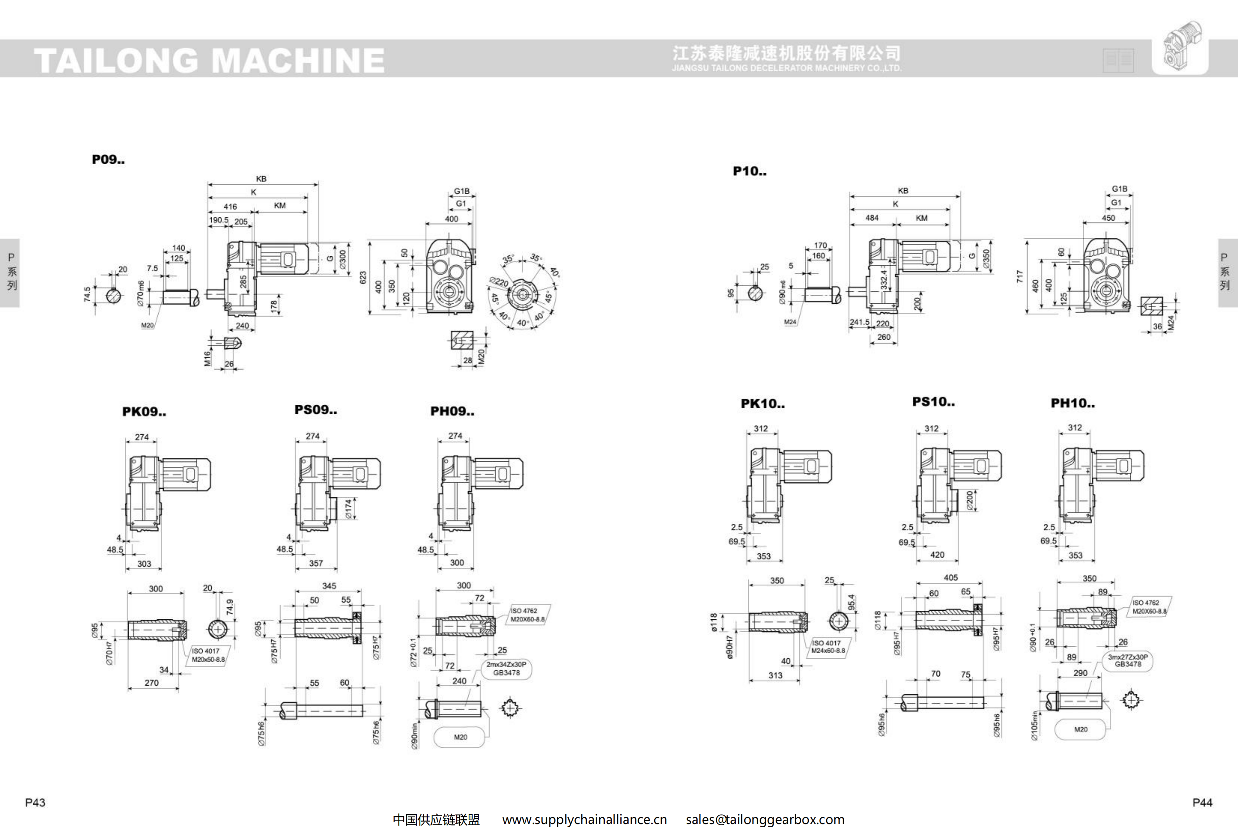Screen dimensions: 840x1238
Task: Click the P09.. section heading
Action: click(108, 160)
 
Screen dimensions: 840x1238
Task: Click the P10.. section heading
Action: click(749, 172)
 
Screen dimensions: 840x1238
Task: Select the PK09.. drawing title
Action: click(144, 412)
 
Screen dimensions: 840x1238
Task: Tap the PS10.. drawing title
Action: click(933, 402)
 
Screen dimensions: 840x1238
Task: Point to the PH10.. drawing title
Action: click(1072, 404)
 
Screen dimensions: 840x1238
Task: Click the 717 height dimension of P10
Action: click(1020, 276)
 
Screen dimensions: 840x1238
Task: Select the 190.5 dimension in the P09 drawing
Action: click(218, 220)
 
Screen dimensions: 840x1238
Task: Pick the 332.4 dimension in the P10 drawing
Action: click(884, 279)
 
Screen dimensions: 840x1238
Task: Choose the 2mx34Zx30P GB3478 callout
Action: click(506, 668)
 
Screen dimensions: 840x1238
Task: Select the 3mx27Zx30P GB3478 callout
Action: click(1128, 661)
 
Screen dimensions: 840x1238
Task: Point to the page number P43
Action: click(35, 802)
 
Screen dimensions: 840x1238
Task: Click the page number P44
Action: click(1202, 802)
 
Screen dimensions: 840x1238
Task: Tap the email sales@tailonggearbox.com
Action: click(765, 820)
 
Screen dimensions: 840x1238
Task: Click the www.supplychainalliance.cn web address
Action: click(584, 820)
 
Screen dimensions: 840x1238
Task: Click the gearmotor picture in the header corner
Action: click(1180, 47)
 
